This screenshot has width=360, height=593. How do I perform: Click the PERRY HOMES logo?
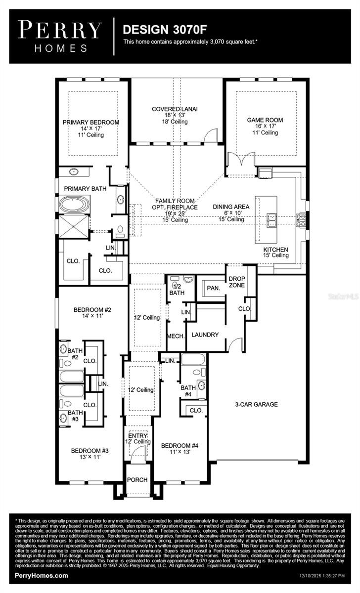(60, 36)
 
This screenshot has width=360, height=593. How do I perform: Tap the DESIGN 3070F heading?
(155, 30)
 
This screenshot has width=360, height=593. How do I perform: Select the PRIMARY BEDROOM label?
(91, 122)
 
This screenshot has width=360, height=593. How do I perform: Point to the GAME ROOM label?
(265, 120)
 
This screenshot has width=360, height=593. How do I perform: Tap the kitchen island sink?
(271, 219)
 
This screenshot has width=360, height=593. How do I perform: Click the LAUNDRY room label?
(205, 335)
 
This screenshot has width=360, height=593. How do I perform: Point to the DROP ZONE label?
(237, 282)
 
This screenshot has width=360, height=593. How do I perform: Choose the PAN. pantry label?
(213, 287)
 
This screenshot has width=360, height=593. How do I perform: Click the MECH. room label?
(177, 336)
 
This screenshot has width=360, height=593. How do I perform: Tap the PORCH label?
(137, 480)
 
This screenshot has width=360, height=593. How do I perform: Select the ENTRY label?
(137, 435)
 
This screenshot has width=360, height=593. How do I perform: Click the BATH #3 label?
(75, 412)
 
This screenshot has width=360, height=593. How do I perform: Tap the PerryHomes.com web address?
(42, 576)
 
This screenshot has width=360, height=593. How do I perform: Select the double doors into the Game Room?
(240, 159)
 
